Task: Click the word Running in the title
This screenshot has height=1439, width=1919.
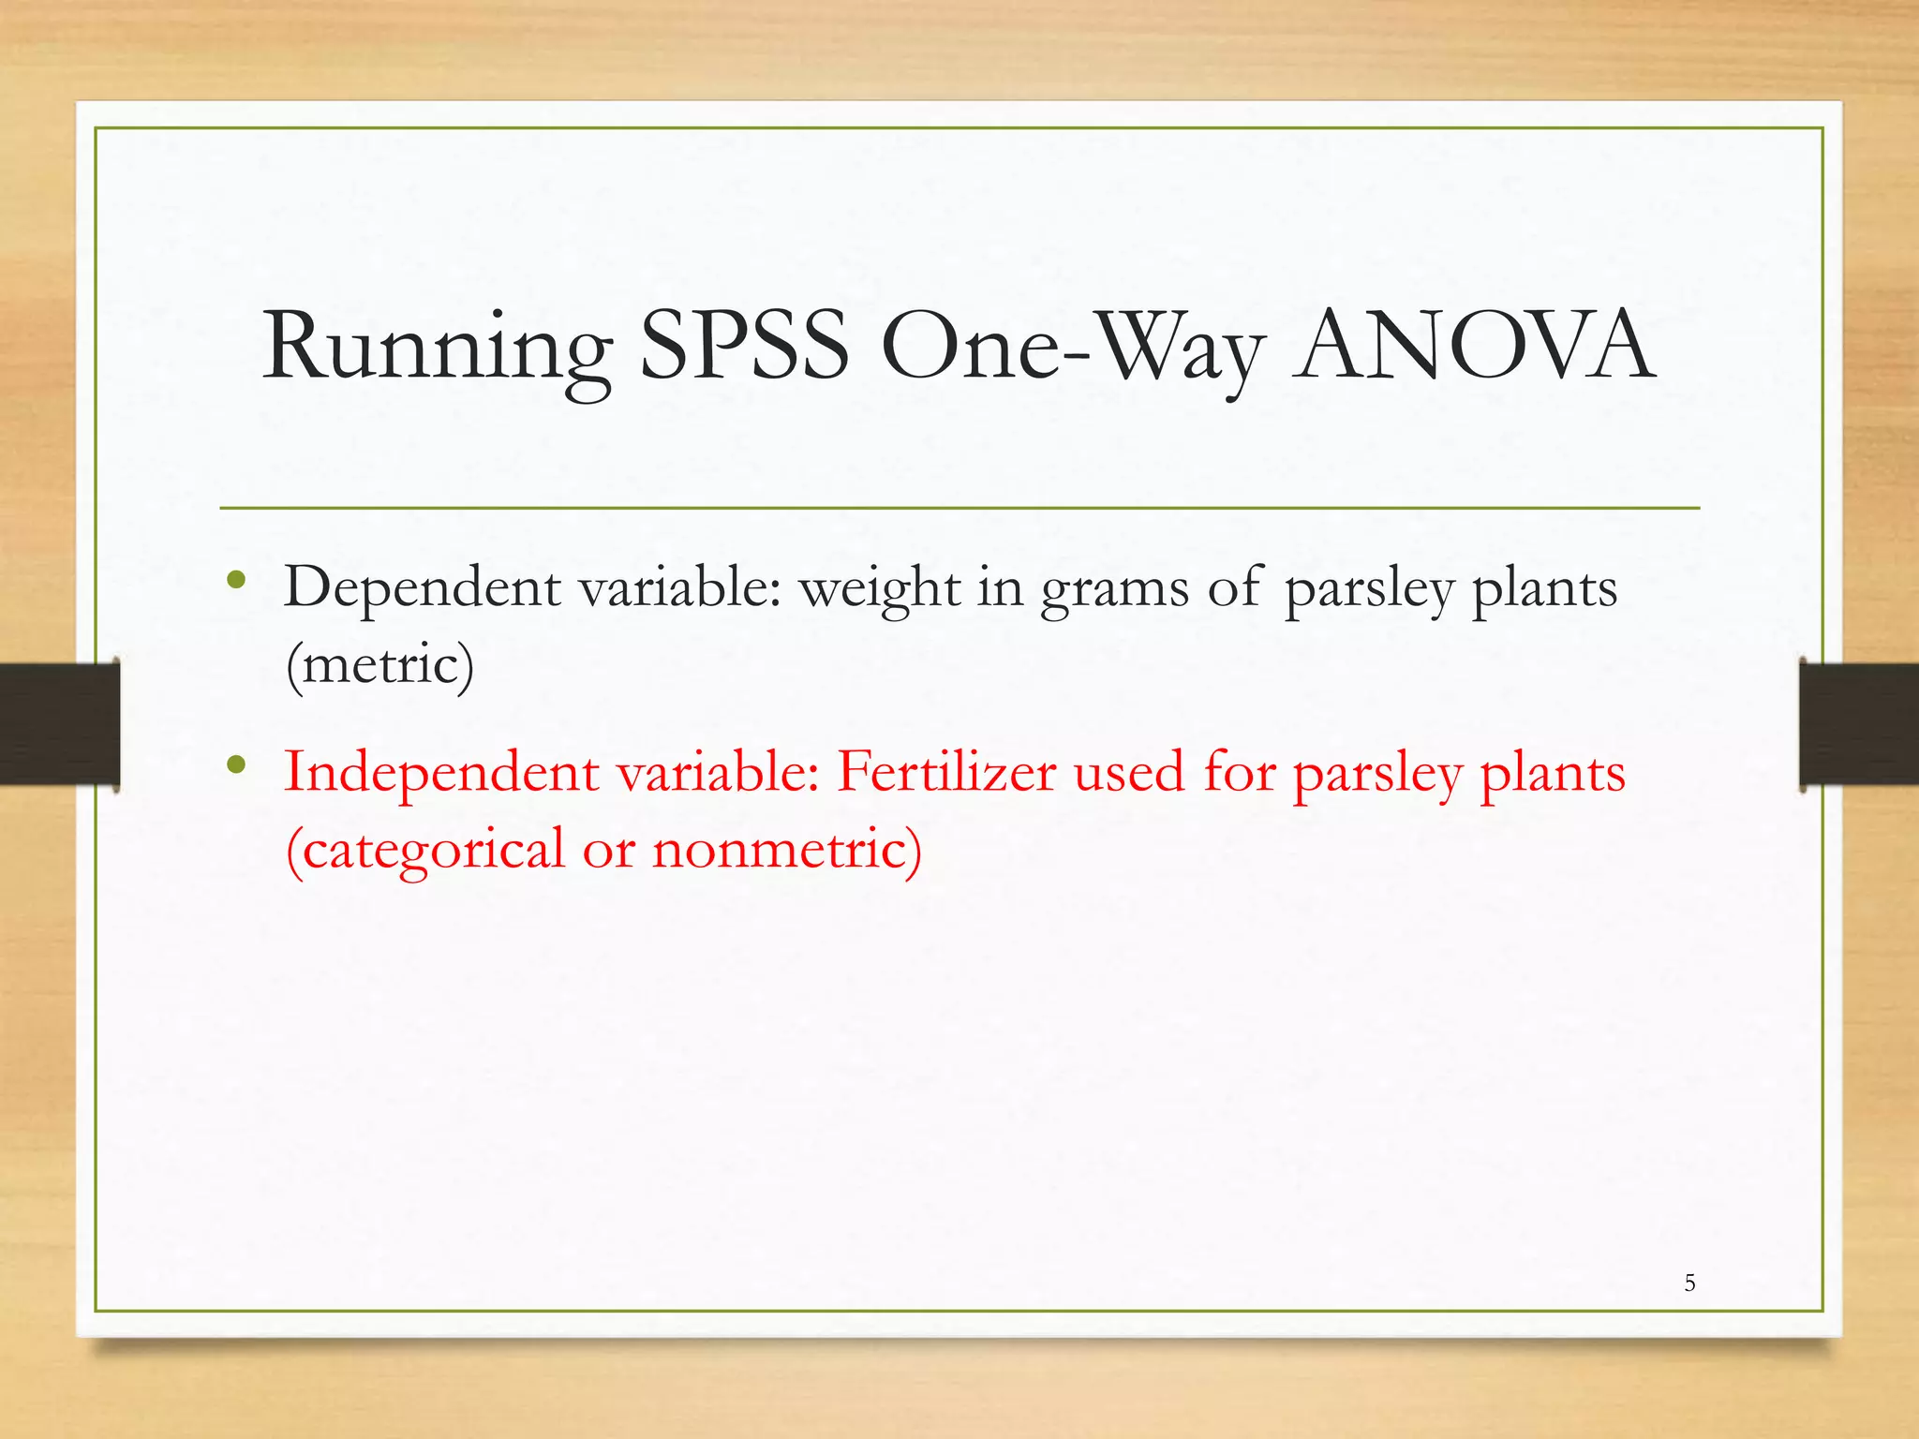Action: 436,349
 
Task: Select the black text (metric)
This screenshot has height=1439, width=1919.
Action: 379,665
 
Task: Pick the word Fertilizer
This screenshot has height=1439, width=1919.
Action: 945,773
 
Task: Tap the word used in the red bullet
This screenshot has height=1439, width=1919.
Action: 1129,774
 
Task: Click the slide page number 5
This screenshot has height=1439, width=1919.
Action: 1689,1283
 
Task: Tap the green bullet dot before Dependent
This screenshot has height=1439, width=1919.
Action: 236,581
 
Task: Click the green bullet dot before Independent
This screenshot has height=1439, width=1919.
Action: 236,765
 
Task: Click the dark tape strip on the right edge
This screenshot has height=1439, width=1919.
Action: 1859,723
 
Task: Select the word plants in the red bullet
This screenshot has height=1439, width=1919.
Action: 1552,774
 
